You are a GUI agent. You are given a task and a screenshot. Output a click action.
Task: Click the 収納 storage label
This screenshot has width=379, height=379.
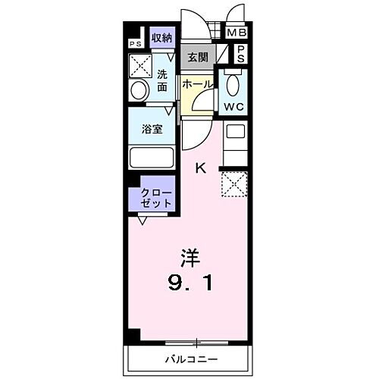[161, 37]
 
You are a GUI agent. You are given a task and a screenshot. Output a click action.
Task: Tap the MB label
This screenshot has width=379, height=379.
[238, 33]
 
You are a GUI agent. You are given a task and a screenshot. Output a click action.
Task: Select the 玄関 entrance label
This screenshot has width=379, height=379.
[197, 56]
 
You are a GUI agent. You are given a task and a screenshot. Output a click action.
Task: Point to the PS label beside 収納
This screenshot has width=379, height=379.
[136, 44]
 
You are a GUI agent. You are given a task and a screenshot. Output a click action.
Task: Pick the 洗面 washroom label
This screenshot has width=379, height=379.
[162, 80]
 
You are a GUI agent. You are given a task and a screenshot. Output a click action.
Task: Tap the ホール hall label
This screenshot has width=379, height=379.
[197, 84]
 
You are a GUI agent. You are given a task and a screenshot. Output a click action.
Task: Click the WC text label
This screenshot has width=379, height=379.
[233, 106]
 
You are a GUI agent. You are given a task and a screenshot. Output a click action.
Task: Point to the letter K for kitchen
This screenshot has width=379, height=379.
[201, 168]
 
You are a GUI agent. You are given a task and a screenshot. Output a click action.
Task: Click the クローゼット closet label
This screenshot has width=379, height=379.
[155, 199]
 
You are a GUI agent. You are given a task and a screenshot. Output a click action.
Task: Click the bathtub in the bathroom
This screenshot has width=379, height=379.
[152, 158]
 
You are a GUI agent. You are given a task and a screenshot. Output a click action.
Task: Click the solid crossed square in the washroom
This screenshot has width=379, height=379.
[141, 65]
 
